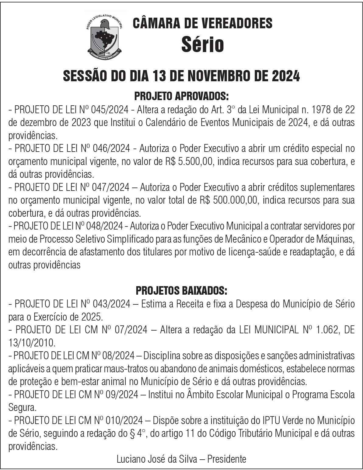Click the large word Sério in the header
[x=202, y=44]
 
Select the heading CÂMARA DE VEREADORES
[x=202, y=23]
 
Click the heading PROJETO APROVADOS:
[x=181, y=97]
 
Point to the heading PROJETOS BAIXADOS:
[x=181, y=290]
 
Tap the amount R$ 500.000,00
[x=229, y=201]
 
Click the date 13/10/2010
[x=32, y=343]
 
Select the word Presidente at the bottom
[x=227, y=459]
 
